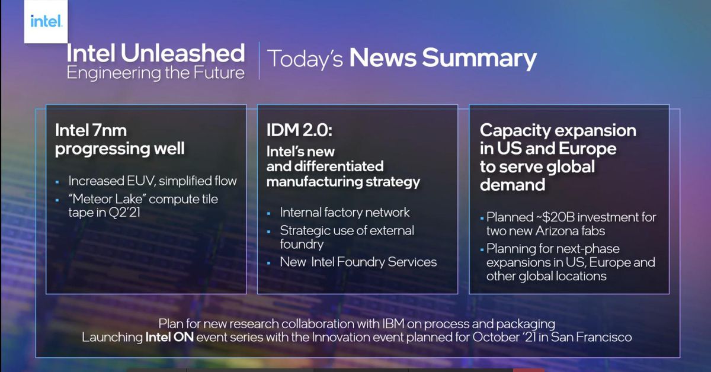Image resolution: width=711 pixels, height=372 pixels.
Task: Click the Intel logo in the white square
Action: pyautogui.click(x=46, y=21)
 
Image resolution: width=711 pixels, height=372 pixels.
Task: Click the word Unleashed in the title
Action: pyautogui.click(x=183, y=53)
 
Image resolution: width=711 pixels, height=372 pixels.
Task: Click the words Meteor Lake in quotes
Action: pyautogui.click(x=107, y=199)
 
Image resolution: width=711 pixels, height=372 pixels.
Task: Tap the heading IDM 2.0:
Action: pyautogui.click(x=299, y=130)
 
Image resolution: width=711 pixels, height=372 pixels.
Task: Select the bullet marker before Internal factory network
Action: pyautogui.click(x=269, y=214)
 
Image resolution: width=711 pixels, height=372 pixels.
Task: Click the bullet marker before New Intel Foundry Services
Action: pyautogui.click(x=269, y=263)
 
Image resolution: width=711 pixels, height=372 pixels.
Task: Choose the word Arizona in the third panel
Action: pyautogui.click(x=559, y=231)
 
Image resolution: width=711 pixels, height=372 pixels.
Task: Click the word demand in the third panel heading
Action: pyautogui.click(x=513, y=184)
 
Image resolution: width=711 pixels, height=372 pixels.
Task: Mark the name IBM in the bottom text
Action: pyautogui.click(x=393, y=324)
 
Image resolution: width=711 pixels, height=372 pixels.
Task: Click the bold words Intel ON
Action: pyautogui.click(x=169, y=337)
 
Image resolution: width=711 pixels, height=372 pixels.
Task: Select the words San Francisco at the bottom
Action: pyautogui.click(x=591, y=337)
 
